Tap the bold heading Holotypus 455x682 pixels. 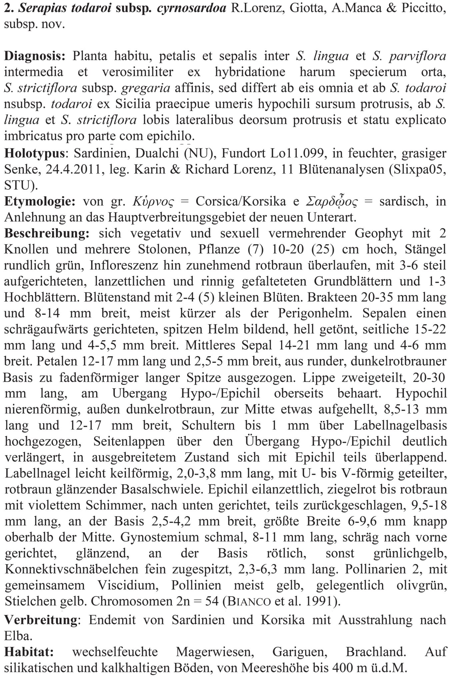click(x=34, y=153)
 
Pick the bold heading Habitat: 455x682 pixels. click(x=29, y=652)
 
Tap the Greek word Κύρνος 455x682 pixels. click(x=153, y=202)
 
